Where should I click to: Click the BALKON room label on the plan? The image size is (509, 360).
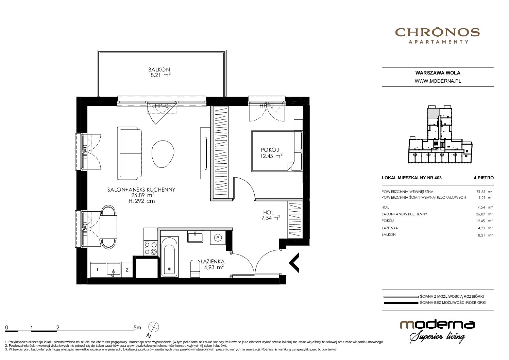(x=159, y=70)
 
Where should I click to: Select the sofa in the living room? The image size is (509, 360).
(x=130, y=153)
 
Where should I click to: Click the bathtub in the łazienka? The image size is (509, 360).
(x=169, y=257)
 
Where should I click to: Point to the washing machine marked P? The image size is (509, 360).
(x=218, y=238)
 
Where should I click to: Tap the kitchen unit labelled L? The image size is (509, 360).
(x=98, y=270)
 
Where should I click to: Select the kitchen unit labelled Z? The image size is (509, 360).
(x=127, y=270)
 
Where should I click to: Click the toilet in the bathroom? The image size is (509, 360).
(x=195, y=269)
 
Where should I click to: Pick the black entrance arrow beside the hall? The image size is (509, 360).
(x=294, y=263)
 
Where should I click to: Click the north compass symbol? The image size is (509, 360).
(x=153, y=327)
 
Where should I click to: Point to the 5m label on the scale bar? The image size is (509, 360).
(x=137, y=327)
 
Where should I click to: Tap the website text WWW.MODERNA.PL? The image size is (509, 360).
(x=438, y=81)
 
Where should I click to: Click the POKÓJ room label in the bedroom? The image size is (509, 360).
(x=270, y=150)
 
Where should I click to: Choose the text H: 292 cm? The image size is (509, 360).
(x=141, y=201)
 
